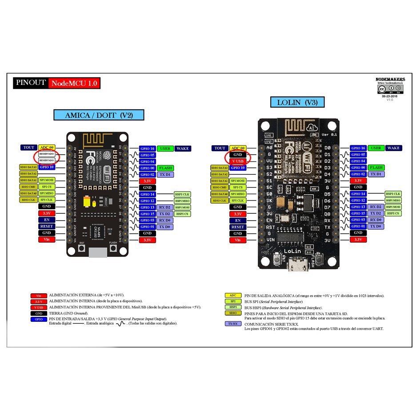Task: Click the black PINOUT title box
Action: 30,83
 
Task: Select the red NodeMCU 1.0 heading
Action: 74,83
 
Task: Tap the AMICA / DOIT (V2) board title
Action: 98,115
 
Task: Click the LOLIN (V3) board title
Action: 297,103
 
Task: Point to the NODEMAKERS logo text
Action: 390,80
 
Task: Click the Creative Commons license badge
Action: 390,88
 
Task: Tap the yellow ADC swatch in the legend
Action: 233,296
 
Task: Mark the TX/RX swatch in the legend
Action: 233,324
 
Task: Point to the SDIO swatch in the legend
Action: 233,313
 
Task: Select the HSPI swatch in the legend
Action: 233,307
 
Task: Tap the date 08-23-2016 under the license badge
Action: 390,96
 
